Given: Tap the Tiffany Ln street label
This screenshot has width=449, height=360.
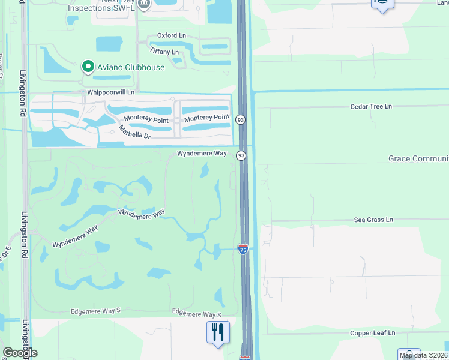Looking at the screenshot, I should (x=164, y=52).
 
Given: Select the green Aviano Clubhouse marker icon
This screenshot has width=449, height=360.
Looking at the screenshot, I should (x=88, y=67).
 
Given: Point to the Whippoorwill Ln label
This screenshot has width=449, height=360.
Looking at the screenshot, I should (x=111, y=92).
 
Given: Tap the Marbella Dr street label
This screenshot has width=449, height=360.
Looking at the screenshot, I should (x=134, y=132).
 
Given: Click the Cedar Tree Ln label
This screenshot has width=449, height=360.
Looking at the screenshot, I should (x=371, y=106).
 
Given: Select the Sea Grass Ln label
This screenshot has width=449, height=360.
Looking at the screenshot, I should (x=373, y=220).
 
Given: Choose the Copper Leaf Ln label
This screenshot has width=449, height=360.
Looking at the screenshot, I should (x=373, y=332).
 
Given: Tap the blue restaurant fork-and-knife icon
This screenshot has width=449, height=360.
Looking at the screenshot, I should (x=218, y=332).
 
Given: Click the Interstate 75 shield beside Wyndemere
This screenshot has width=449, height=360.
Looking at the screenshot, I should (x=243, y=248).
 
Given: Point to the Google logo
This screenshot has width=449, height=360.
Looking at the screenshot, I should (x=20, y=353).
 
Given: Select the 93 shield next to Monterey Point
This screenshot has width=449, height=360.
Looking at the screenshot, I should (x=241, y=119).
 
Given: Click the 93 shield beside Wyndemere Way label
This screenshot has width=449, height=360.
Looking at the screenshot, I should (x=241, y=155).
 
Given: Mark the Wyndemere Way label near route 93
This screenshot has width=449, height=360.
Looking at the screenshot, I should (x=202, y=154).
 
